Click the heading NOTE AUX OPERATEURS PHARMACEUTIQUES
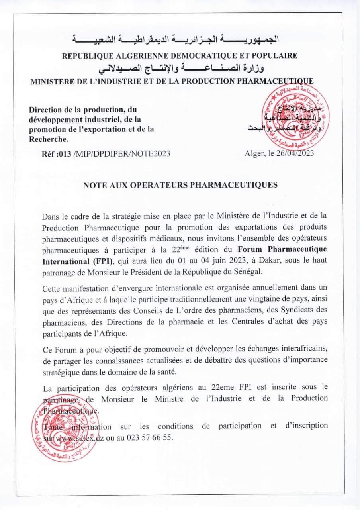180,185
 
